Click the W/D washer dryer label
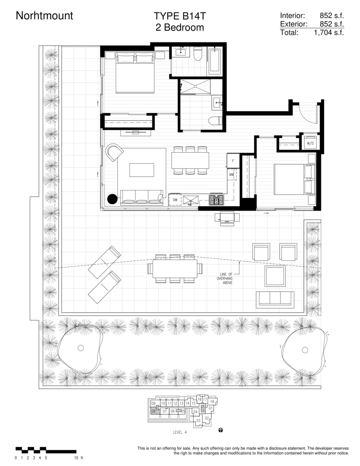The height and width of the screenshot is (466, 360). pyautogui.click(x=310, y=143)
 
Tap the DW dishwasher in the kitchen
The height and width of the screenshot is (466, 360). pyautogui.click(x=175, y=200)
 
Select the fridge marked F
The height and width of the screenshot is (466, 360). pyautogui.click(x=233, y=161)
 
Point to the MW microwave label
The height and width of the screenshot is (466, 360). pyautogui.click(x=231, y=175)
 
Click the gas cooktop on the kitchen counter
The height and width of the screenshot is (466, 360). pyautogui.click(x=216, y=200)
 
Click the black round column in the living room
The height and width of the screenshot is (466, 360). pyautogui.click(x=112, y=199)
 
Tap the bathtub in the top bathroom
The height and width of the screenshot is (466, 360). pyautogui.click(x=215, y=61)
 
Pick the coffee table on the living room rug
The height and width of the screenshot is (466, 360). pyautogui.click(x=141, y=170)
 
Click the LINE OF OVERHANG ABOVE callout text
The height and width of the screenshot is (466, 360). pyautogui.click(x=225, y=278)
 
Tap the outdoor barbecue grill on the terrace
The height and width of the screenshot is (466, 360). pyautogui.click(x=227, y=218)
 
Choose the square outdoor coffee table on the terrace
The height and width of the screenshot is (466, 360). pyautogui.click(x=275, y=276)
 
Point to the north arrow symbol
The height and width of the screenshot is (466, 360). pyautogui.click(x=221, y=430)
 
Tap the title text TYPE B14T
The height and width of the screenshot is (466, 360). pyautogui.click(x=180, y=16)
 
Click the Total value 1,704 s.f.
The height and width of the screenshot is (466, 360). pyautogui.click(x=329, y=33)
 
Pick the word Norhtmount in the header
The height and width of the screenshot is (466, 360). pyautogui.click(x=44, y=16)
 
